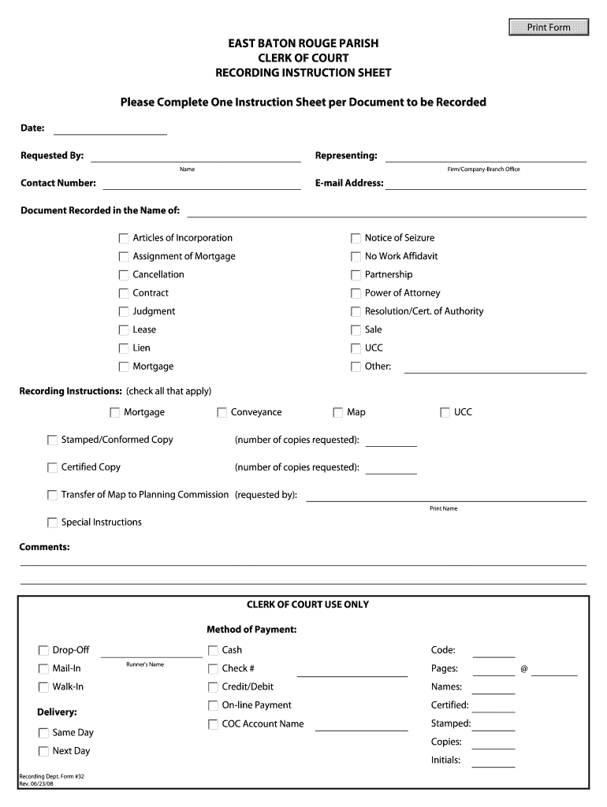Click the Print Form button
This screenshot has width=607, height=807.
pyautogui.click(x=549, y=28)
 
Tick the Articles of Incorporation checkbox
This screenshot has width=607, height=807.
pyautogui.click(x=124, y=238)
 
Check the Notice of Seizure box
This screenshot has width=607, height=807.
pyautogui.click(x=356, y=238)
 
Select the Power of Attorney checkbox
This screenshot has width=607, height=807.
pyautogui.click(x=356, y=293)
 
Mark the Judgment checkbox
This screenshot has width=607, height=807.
pyautogui.click(x=124, y=311)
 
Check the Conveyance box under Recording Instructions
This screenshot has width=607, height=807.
pyautogui.click(x=222, y=412)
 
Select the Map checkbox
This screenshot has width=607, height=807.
pyautogui.click(x=338, y=412)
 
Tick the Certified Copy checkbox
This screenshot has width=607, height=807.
pyautogui.click(x=53, y=467)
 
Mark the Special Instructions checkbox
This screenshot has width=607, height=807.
pyautogui.click(x=53, y=523)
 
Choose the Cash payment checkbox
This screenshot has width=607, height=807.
pyautogui.click(x=214, y=650)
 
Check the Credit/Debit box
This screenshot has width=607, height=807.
pyautogui.click(x=214, y=687)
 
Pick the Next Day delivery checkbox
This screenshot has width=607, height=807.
pyautogui.click(x=43, y=751)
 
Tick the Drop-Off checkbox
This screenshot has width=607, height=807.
pyautogui.click(x=43, y=650)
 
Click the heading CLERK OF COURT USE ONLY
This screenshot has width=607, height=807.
pyautogui.click(x=307, y=604)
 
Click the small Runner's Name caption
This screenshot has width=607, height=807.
pyautogui.click(x=145, y=664)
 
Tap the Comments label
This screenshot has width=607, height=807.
pyautogui.click(x=44, y=546)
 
